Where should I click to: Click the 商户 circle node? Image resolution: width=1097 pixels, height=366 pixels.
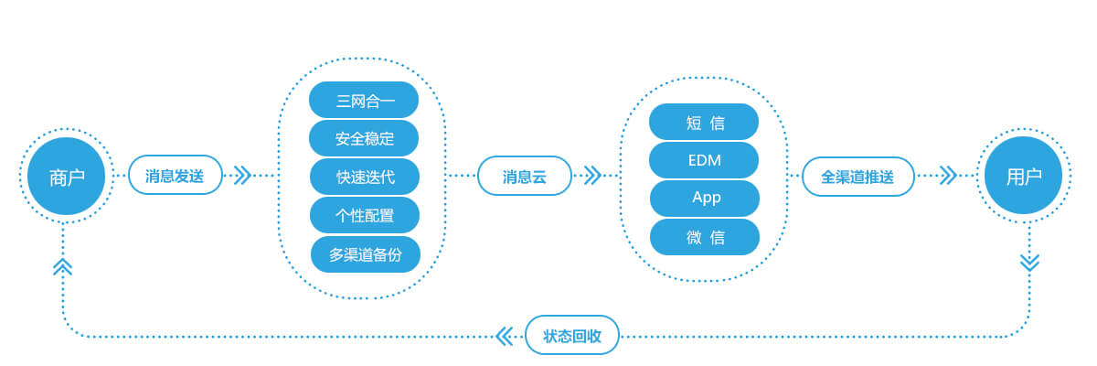pyautogui.click(x=66, y=177)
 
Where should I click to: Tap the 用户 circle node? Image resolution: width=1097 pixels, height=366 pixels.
pyautogui.click(x=1023, y=176)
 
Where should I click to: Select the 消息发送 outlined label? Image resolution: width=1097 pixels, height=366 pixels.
pyautogui.click(x=175, y=175)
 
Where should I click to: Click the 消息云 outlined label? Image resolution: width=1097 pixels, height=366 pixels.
pyautogui.click(x=524, y=176)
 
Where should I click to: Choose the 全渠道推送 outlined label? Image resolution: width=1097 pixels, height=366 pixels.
pyautogui.click(x=857, y=177)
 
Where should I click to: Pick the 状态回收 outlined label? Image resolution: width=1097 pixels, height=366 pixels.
pyautogui.click(x=571, y=335)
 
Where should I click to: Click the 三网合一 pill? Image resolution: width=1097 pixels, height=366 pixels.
pyautogui.click(x=364, y=100)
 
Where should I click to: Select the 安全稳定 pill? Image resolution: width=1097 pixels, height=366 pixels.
pyautogui.click(x=364, y=138)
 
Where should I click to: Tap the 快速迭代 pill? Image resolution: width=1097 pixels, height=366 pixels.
pyautogui.click(x=365, y=177)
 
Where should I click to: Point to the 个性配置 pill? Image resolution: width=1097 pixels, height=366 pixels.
pyautogui.click(x=365, y=215)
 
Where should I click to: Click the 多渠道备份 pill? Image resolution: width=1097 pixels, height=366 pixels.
pyautogui.click(x=366, y=254)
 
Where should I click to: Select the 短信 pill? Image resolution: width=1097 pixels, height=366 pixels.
pyautogui.click(x=704, y=122)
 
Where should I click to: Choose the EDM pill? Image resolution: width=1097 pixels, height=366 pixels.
pyautogui.click(x=704, y=160)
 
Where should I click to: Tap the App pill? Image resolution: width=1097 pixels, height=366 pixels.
pyautogui.click(x=705, y=199)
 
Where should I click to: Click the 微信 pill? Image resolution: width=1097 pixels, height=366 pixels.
pyautogui.click(x=705, y=237)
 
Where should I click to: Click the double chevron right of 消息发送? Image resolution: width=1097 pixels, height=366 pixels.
pyautogui.click(x=242, y=175)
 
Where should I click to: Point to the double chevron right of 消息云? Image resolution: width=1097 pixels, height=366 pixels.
pyautogui.click(x=592, y=175)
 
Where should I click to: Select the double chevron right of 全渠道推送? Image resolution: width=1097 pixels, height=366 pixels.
pyautogui.click(x=948, y=176)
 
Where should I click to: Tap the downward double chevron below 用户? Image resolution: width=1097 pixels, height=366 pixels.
pyautogui.click(x=1029, y=263)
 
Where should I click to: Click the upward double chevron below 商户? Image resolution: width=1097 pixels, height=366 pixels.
pyautogui.click(x=63, y=266)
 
